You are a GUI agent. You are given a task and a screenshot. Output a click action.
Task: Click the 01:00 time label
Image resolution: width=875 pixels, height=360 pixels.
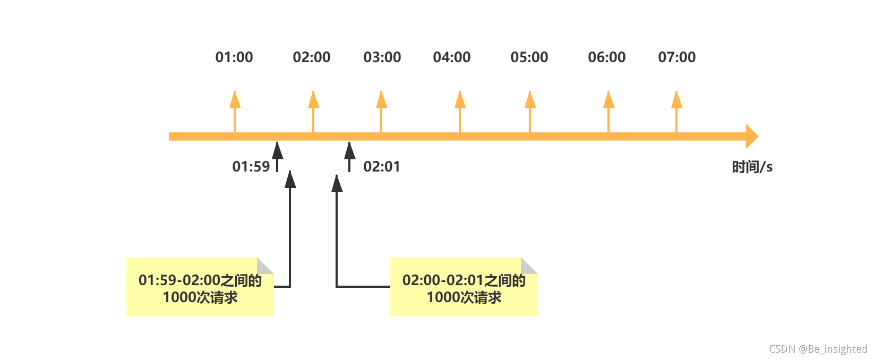click(234, 57)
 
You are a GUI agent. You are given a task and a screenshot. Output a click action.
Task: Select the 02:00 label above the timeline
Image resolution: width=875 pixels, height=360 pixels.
click(312, 57)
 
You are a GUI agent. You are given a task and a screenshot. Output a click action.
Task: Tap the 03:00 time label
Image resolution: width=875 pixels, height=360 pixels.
click(382, 57)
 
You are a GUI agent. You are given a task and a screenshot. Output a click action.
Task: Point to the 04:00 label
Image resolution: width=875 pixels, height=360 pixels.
click(452, 57)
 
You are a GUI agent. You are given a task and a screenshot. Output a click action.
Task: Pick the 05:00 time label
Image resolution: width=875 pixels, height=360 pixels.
click(529, 57)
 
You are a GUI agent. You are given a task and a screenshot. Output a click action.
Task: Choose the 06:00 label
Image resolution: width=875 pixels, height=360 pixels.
click(607, 57)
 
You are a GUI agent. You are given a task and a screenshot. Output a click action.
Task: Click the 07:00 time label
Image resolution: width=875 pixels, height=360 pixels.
click(677, 57)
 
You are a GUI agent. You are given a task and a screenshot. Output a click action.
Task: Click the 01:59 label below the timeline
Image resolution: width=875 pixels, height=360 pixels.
click(251, 167)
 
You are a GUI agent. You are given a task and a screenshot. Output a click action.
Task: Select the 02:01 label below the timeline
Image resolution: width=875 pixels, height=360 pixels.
click(382, 167)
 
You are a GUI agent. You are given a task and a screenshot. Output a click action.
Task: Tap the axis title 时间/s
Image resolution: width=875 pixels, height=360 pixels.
click(752, 167)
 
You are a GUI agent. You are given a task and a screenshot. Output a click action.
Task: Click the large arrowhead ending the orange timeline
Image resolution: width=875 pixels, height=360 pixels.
click(752, 136)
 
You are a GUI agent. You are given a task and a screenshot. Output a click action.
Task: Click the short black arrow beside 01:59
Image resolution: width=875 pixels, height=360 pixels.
click(277, 156)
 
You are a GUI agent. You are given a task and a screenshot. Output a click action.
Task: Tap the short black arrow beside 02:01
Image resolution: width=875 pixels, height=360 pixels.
click(349, 156)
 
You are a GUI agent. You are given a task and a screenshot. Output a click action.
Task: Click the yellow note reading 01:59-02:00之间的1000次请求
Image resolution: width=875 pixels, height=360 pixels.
click(200, 287)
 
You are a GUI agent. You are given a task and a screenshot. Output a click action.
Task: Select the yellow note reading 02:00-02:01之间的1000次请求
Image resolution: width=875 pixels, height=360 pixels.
click(464, 287)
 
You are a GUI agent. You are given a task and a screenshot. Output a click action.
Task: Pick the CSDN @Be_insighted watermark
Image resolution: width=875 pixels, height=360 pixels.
click(818, 349)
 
